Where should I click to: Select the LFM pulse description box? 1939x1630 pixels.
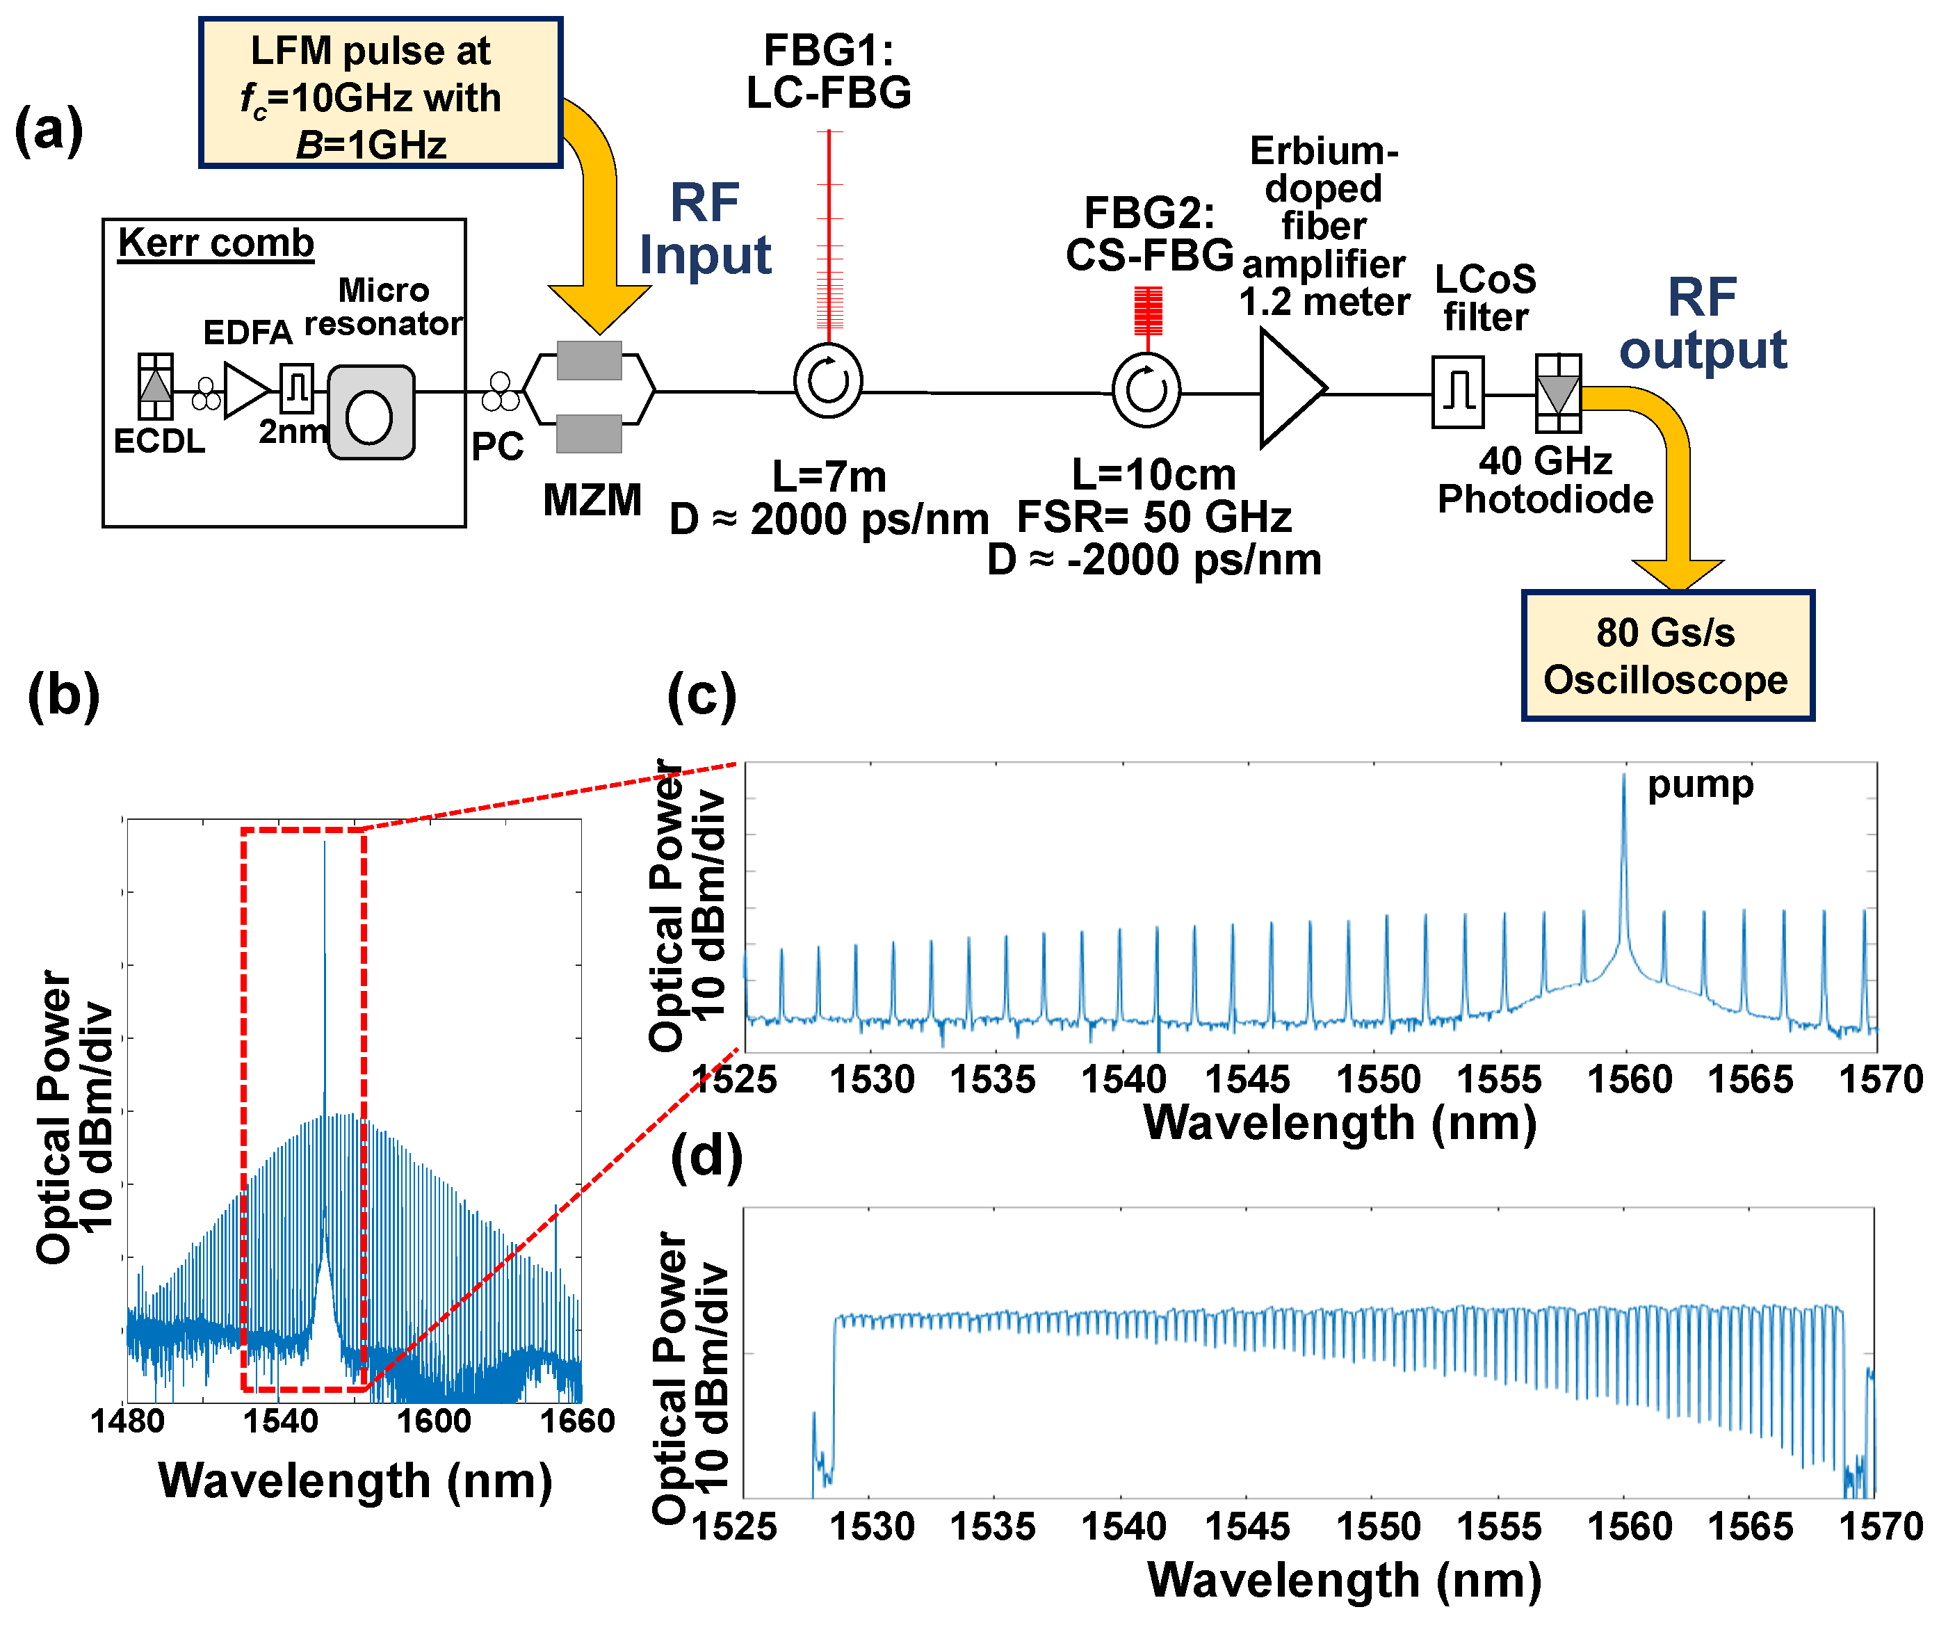tap(380, 93)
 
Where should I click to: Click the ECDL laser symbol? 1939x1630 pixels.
tap(155, 386)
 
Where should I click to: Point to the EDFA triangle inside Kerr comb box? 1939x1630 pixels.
tap(245, 389)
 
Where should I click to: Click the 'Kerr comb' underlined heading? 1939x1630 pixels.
tap(216, 243)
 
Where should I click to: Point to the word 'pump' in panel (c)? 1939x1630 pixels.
tap(1700, 785)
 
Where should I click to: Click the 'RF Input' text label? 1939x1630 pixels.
tap(705, 229)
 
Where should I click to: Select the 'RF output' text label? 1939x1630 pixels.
tap(1702, 323)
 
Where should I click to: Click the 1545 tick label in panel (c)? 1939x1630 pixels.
tap(1247, 1079)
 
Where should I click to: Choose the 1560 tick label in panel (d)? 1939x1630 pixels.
tap(1630, 1526)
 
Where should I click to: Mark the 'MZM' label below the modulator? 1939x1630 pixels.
tap(592, 500)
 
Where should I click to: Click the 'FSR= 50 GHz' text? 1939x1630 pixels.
tap(1154, 517)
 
